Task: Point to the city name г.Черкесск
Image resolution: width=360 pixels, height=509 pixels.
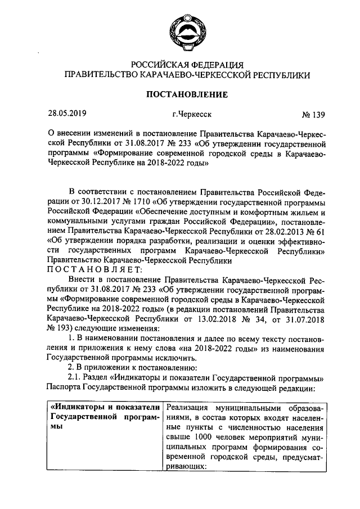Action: (x=192, y=115)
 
